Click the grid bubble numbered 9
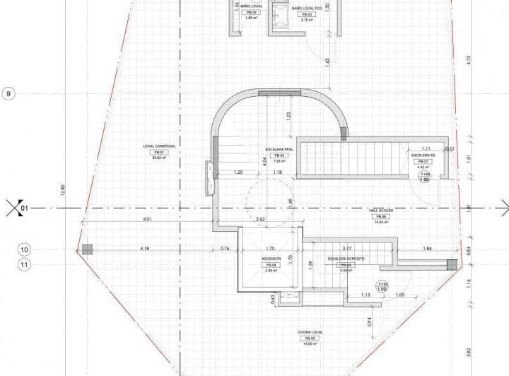pyautogui.click(x=8, y=93)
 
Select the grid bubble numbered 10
pyautogui.click(x=24, y=249)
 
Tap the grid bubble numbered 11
pyautogui.click(x=24, y=265)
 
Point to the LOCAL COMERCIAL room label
pyautogui.click(x=158, y=146)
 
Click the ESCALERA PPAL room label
pyautogui.click(x=279, y=150)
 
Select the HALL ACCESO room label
pyautogui.click(x=380, y=210)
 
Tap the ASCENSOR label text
pyautogui.click(x=271, y=259)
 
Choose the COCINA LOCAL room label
pyautogui.click(x=309, y=332)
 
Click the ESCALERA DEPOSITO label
pyautogui.click(x=346, y=259)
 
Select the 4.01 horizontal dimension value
pyautogui.click(x=148, y=220)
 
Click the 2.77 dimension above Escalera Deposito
pyautogui.click(x=346, y=249)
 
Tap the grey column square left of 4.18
pyautogui.click(x=86, y=249)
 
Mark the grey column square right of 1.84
pyautogui.click(x=452, y=264)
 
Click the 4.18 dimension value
pyautogui.click(x=145, y=249)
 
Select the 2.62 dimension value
pyautogui.click(x=260, y=220)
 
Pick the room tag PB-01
pyautogui.click(x=158, y=153)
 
